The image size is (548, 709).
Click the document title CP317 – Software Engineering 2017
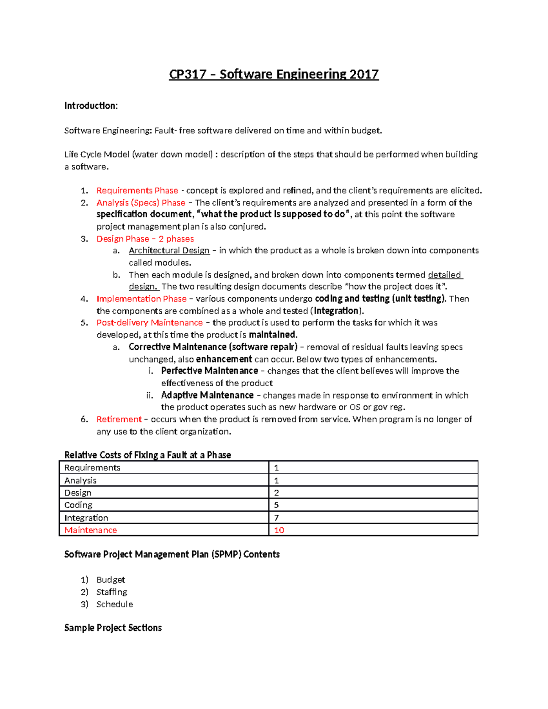pyautogui.click(x=274, y=74)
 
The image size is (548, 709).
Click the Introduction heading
pyautogui.click(x=91, y=106)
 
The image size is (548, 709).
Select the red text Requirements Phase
pyautogui.click(x=137, y=190)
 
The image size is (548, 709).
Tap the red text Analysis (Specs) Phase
pyautogui.click(x=141, y=203)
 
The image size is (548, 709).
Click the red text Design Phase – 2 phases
pyautogui.click(x=145, y=239)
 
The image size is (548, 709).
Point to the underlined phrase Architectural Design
pyautogui.click(x=169, y=251)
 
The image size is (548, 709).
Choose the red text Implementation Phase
pyautogui.click(x=141, y=299)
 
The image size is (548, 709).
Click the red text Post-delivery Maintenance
pyautogui.click(x=149, y=323)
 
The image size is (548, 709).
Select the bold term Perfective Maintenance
pyautogui.click(x=209, y=371)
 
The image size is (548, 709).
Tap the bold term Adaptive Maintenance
pyautogui.click(x=207, y=395)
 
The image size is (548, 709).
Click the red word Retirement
pyautogui.click(x=119, y=420)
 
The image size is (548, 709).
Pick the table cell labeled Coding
pyautogui.click(x=78, y=505)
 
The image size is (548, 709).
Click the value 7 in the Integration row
pyautogui.click(x=276, y=518)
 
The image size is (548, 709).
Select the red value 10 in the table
pyautogui.click(x=279, y=530)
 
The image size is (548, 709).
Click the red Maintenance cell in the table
pyautogui.click(x=90, y=530)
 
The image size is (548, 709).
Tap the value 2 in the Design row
pyautogui.click(x=276, y=493)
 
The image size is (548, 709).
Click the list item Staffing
pyautogui.click(x=111, y=592)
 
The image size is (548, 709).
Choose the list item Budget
pyautogui.click(x=111, y=580)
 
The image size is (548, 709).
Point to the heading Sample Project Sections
pyautogui.click(x=113, y=628)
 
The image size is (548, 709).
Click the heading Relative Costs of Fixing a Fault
pyautogui.click(x=148, y=455)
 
